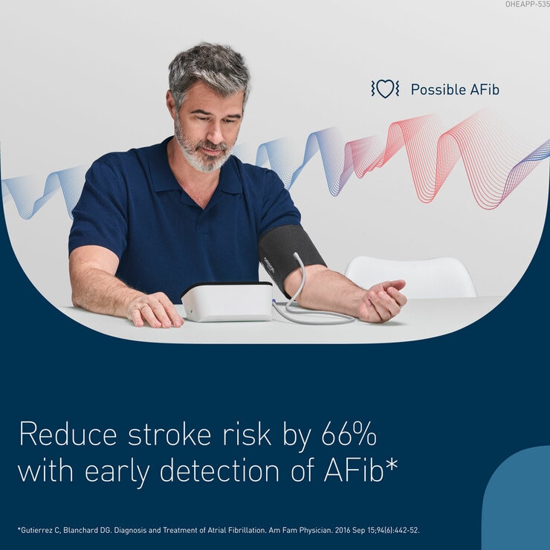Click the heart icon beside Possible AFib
[385, 89]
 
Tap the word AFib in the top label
[485, 90]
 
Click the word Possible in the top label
[439, 90]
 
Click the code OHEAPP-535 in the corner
[526, 4]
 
